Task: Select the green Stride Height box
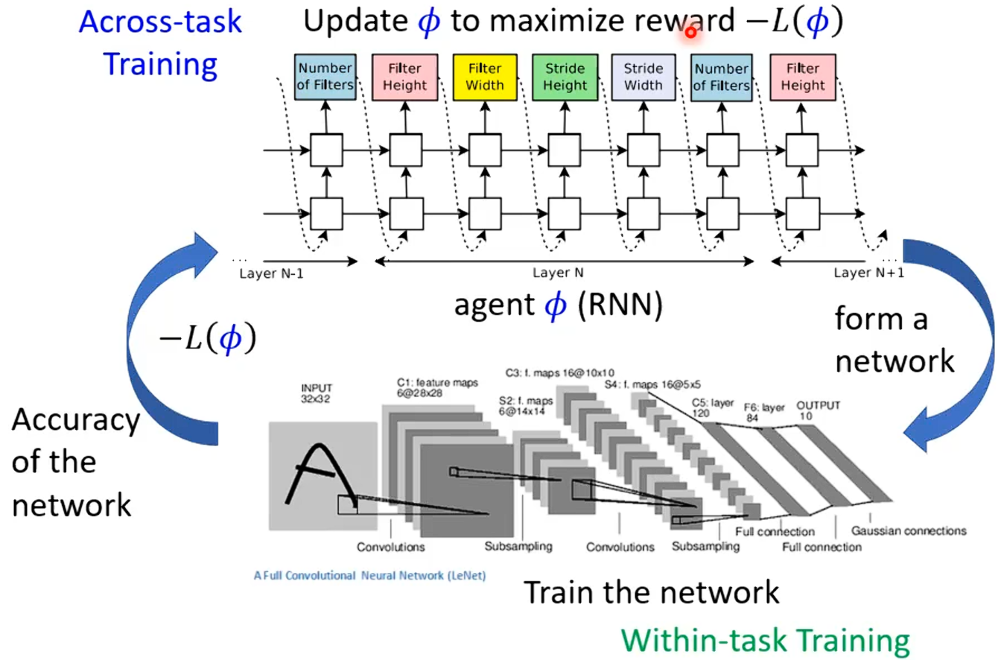point(563,77)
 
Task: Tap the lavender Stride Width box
point(642,77)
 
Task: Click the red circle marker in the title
point(690,31)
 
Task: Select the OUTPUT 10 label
point(818,410)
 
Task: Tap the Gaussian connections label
point(908,531)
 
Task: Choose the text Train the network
point(652,593)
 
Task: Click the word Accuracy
point(76,421)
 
